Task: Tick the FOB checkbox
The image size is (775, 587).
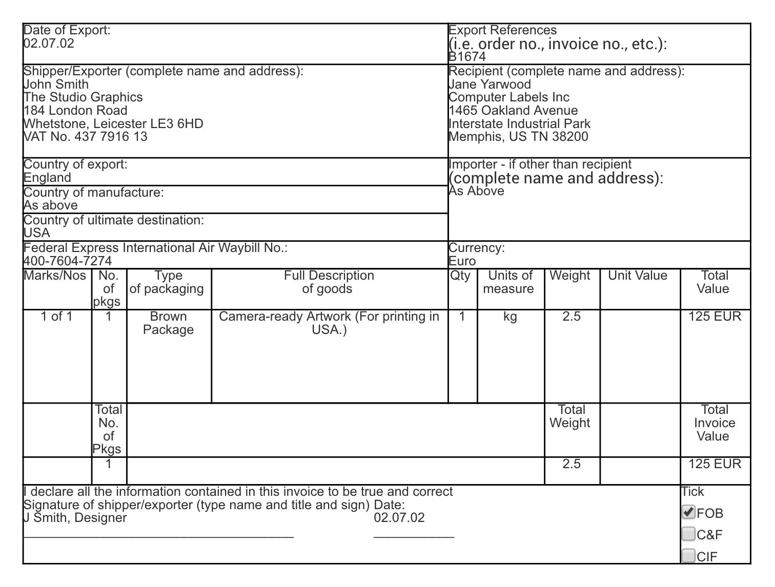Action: pos(688,512)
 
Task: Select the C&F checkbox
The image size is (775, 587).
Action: pos(688,534)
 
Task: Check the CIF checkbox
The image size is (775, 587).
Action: pos(688,555)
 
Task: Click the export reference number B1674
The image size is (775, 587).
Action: pos(467,57)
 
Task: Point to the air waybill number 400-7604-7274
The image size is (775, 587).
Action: pos(68,261)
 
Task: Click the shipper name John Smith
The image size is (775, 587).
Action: pos(56,85)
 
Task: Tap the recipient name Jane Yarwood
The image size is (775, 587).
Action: pos(490,85)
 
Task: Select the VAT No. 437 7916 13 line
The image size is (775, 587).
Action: pos(86,137)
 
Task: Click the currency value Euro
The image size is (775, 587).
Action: pos(462,261)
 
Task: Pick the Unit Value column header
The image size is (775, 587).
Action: pos(638,276)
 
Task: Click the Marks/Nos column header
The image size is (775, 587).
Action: pos(55,276)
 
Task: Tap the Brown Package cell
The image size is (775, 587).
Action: pos(169,323)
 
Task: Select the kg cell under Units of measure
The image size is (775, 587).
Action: pos(510,317)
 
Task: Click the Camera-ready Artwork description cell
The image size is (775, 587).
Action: pos(329,323)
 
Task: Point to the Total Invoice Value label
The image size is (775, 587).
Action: pos(715,423)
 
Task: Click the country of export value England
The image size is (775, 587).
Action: pos(48,178)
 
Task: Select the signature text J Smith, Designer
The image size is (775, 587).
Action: pos(75,518)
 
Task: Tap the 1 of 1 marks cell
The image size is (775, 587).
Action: pos(57,317)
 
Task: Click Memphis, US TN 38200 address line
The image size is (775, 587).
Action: pos(518,137)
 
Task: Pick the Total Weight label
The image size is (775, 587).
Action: pos(571,416)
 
